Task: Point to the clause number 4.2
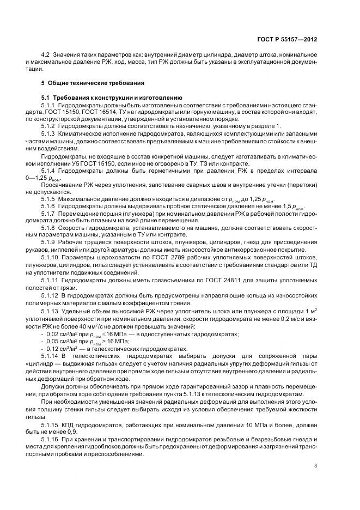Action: tap(45, 56)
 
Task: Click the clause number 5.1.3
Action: tap(49, 133)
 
